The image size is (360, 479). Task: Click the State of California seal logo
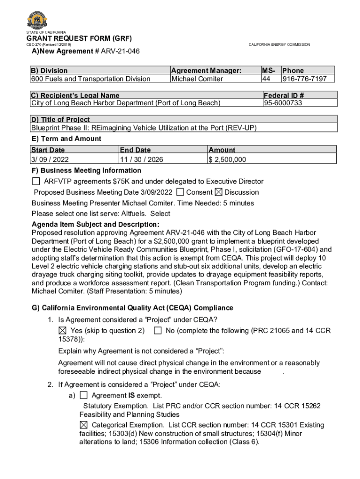coord(36,20)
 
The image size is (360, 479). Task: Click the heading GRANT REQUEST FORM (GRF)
coord(79,38)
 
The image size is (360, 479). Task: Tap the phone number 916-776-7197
coord(304,79)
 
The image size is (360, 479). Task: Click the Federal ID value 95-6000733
coord(283,103)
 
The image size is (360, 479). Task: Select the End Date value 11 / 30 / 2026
coord(142,160)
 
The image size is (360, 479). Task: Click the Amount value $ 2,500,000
coord(227,160)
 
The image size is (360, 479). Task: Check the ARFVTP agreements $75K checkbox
coord(36,181)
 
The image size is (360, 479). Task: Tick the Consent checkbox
coord(180,192)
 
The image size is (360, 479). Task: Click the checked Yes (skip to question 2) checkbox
coord(63,331)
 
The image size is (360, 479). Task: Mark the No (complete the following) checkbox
coord(158,331)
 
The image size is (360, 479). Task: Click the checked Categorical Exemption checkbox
coord(84,425)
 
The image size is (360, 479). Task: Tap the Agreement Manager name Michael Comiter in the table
coord(197,79)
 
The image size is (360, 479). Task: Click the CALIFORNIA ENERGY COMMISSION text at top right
coord(279,44)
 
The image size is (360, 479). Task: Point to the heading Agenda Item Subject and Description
coord(95,225)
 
